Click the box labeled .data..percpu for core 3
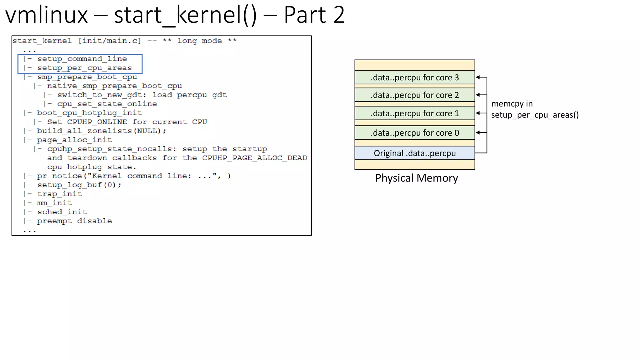[x=414, y=77]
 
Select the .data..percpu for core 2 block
[x=414, y=95]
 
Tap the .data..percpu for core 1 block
[x=414, y=113]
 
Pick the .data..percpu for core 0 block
[x=414, y=133]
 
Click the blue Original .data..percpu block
[x=414, y=153]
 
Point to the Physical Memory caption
[x=416, y=178]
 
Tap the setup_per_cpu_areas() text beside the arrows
[x=535, y=115]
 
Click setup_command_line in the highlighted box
[x=82, y=59]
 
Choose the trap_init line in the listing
[x=59, y=194]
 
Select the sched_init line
[x=62, y=212]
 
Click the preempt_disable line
[x=74, y=221]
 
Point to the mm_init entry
[x=54, y=203]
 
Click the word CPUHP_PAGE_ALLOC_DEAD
[x=254, y=158]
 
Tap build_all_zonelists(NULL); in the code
[x=102, y=131]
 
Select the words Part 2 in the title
[x=314, y=15]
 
